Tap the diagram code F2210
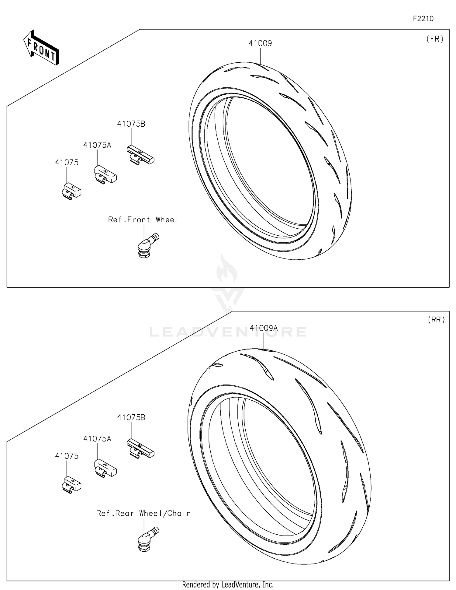pyautogui.click(x=423, y=19)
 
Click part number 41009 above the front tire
pyautogui.click(x=260, y=44)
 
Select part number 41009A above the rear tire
pyautogui.click(x=264, y=328)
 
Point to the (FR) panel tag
pyautogui.click(x=435, y=39)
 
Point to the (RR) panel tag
pyautogui.click(x=436, y=320)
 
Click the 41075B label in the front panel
pyautogui.click(x=131, y=124)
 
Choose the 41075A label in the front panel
pyautogui.click(x=97, y=145)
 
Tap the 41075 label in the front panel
pyautogui.click(x=67, y=163)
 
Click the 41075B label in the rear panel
pyautogui.click(x=131, y=417)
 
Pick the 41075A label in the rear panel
pyautogui.click(x=97, y=439)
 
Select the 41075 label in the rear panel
pyautogui.click(x=67, y=456)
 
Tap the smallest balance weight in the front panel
pyautogui.click(x=71, y=191)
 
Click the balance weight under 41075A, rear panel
pyautogui.click(x=105, y=468)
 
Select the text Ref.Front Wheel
pyautogui.click(x=143, y=220)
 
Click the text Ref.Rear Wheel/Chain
pyautogui.click(x=143, y=513)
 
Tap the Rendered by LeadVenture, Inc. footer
pyautogui.click(x=228, y=585)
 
